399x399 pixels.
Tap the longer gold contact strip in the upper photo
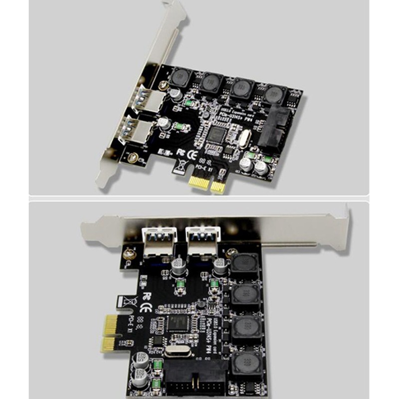(199, 183)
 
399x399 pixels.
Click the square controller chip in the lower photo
(179, 323)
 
